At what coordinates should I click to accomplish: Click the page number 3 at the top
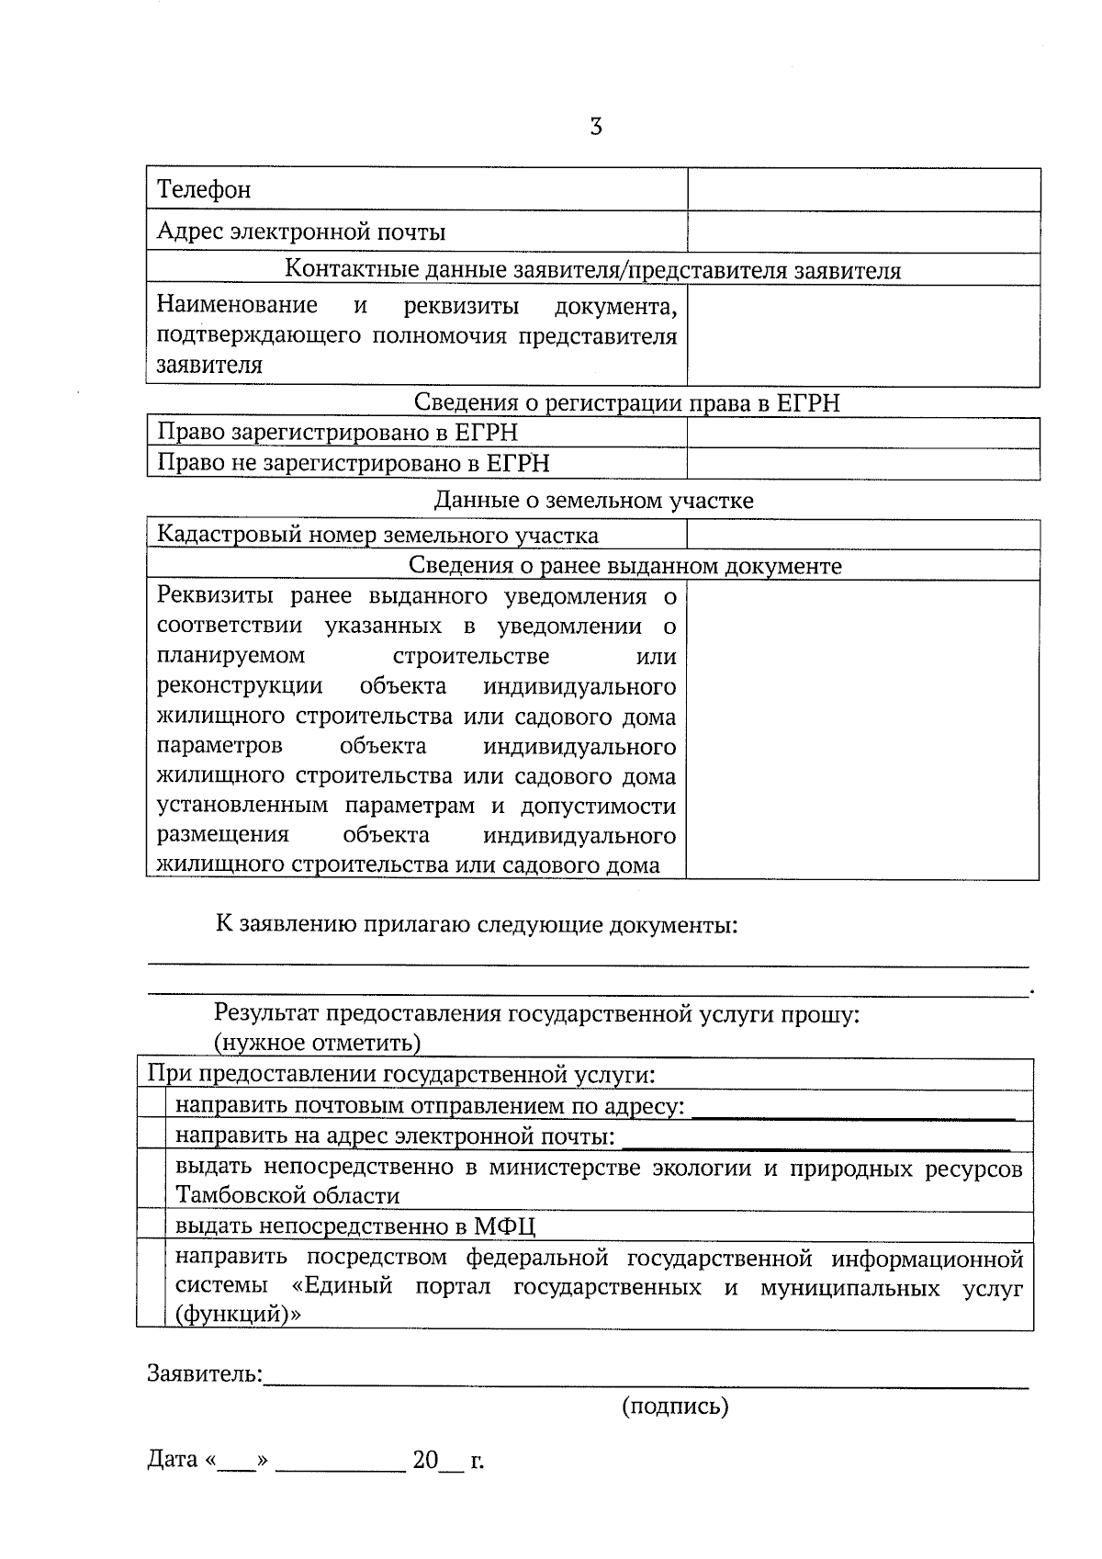click(595, 127)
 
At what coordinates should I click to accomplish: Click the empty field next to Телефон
click(863, 189)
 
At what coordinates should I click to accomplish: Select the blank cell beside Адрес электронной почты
click(863, 232)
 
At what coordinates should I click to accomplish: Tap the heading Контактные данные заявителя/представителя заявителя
click(592, 270)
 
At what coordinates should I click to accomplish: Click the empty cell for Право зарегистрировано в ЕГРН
click(863, 433)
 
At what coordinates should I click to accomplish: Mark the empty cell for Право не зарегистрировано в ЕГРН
click(863, 463)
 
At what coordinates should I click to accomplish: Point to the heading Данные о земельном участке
click(593, 501)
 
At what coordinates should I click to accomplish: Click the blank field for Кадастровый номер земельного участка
click(863, 535)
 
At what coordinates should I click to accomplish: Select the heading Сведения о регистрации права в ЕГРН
click(626, 402)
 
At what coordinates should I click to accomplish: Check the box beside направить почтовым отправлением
click(151, 1104)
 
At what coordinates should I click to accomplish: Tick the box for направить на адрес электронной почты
click(151, 1135)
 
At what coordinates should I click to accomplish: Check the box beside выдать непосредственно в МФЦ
click(151, 1225)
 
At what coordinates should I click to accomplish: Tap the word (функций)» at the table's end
click(238, 1315)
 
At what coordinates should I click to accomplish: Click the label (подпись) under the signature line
click(675, 1406)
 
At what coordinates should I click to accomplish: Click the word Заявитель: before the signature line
click(205, 1374)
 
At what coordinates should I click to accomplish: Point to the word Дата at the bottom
click(173, 1460)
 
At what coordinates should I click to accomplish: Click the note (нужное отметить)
click(317, 1044)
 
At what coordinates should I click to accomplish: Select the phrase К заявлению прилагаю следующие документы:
click(477, 924)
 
